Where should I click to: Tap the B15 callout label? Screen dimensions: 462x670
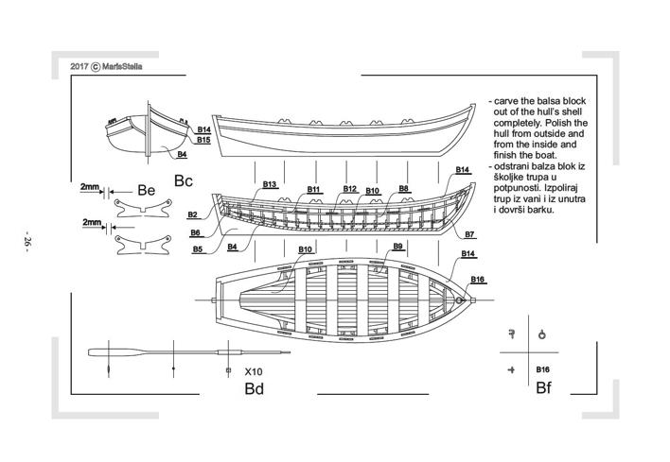click(x=203, y=140)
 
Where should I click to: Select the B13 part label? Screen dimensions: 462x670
click(x=269, y=184)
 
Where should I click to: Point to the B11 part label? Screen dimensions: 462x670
click(x=314, y=190)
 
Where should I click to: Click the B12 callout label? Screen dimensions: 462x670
click(x=349, y=189)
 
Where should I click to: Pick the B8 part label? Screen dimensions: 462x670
click(x=404, y=189)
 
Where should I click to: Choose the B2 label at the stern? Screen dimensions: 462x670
click(x=192, y=215)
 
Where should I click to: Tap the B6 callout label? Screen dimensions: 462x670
click(x=195, y=232)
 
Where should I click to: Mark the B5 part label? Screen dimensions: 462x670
click(x=198, y=249)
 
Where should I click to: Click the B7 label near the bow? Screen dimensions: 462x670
click(x=469, y=233)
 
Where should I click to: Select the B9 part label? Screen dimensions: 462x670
click(x=397, y=247)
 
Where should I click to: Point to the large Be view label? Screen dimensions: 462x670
click(x=146, y=191)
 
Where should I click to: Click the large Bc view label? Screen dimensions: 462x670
click(x=184, y=180)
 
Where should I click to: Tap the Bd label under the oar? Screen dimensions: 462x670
click(x=254, y=388)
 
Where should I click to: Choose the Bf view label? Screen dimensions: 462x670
click(x=543, y=388)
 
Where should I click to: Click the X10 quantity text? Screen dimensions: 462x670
click(x=253, y=371)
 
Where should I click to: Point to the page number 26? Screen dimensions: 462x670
click(x=27, y=242)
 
